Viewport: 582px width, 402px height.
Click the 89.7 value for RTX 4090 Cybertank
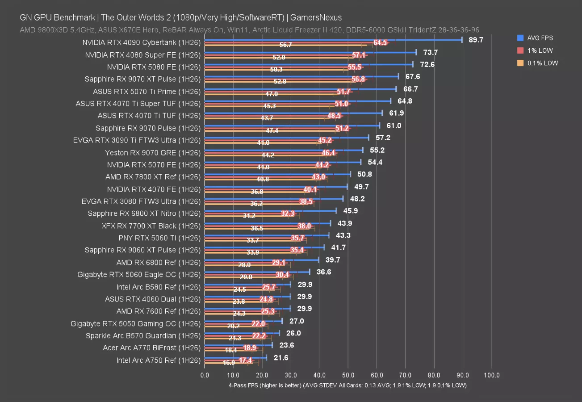(476, 40)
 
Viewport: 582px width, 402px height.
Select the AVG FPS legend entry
(538, 38)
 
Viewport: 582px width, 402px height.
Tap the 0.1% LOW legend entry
(541, 63)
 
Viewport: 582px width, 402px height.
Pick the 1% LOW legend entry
(539, 50)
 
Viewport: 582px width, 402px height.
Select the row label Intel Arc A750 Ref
(158, 360)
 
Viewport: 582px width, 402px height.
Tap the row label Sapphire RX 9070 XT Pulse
(142, 79)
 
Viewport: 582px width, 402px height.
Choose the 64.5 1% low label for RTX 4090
(380, 43)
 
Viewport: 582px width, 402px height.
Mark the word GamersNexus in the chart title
(320, 18)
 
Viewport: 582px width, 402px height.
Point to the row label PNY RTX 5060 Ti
(159, 238)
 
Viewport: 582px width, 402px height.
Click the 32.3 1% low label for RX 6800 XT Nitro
(288, 214)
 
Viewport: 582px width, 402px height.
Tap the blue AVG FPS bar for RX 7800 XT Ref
(277, 174)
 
